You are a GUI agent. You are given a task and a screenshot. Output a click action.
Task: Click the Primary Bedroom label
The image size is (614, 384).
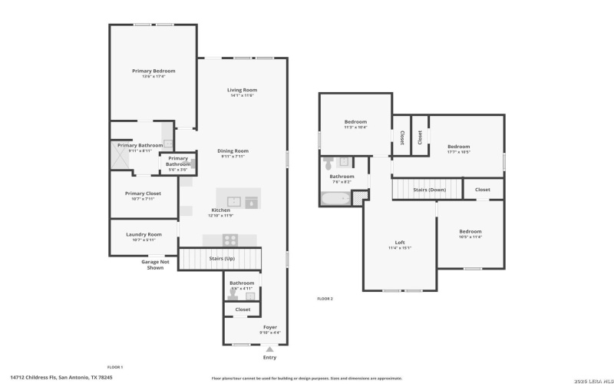pos(153,71)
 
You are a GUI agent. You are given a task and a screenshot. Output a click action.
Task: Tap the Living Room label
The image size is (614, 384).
pos(241,90)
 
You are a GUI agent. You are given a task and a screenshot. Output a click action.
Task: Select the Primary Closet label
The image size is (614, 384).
pos(143,194)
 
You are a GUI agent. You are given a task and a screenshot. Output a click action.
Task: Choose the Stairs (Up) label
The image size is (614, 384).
pos(223,259)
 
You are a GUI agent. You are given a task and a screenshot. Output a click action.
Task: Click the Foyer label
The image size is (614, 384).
pos(269,327)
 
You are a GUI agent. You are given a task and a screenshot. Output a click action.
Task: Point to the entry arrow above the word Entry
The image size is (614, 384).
pos(269,349)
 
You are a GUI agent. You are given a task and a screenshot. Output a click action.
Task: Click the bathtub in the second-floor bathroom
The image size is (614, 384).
pos(335,200)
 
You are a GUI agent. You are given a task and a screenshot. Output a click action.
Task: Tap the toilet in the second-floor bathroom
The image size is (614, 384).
pos(328,164)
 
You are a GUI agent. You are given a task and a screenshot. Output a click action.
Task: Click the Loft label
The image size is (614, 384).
pos(399,243)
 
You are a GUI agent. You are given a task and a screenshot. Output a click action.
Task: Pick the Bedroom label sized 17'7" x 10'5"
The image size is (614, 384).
pos(458,146)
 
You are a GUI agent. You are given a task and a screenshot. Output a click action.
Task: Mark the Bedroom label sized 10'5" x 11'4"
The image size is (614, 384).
pos(470,231)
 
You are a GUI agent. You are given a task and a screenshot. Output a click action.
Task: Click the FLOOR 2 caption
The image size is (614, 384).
pos(325,298)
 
